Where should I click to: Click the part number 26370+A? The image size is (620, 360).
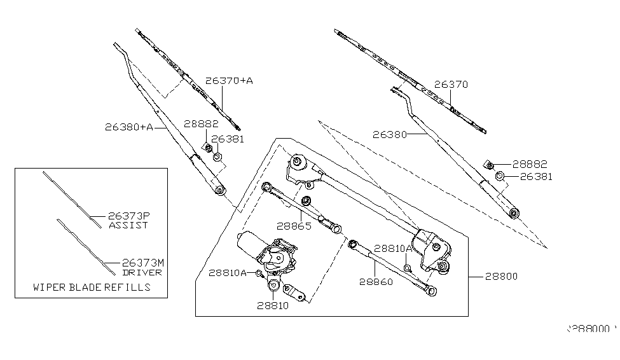coord(229,81)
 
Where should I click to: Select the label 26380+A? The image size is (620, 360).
coord(129,127)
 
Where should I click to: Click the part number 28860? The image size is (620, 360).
coord(376,280)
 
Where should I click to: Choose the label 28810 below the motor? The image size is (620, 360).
coord(273,305)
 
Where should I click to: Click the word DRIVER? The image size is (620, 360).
coord(143,272)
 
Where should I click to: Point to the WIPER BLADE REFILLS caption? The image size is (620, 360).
coord(92,287)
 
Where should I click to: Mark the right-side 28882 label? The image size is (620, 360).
coord(529,164)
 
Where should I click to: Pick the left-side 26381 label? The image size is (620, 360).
coord(227,139)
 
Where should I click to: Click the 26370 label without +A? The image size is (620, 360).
coord(451,84)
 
